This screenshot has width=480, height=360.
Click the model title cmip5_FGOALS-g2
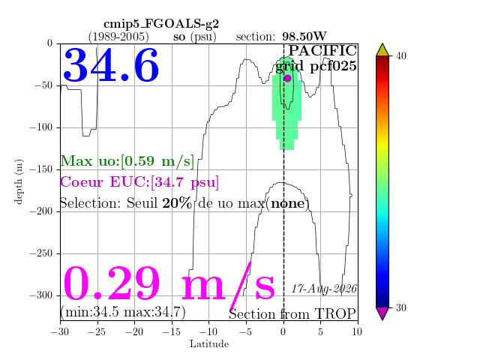point(161,24)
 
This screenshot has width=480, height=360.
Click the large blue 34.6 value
point(111,65)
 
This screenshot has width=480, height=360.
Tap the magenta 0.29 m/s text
point(169,284)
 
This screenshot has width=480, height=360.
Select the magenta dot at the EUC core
point(287,78)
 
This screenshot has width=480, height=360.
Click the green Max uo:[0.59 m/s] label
point(127,161)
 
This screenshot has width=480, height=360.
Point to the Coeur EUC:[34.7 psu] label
point(139,182)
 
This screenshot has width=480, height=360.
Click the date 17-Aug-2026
point(324,289)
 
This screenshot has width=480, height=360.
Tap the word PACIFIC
point(322,50)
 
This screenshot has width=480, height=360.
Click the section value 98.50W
point(304,37)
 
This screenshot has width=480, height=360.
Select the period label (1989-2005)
point(118,37)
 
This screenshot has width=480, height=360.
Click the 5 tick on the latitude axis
point(320,331)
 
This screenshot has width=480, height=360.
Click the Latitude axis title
point(209,344)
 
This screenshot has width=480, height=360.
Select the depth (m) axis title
point(19,181)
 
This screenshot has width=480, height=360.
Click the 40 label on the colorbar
point(401,55)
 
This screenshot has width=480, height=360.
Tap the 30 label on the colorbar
point(401,307)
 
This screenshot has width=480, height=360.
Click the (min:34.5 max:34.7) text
point(123,312)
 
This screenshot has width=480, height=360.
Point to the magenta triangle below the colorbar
point(382,313)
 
